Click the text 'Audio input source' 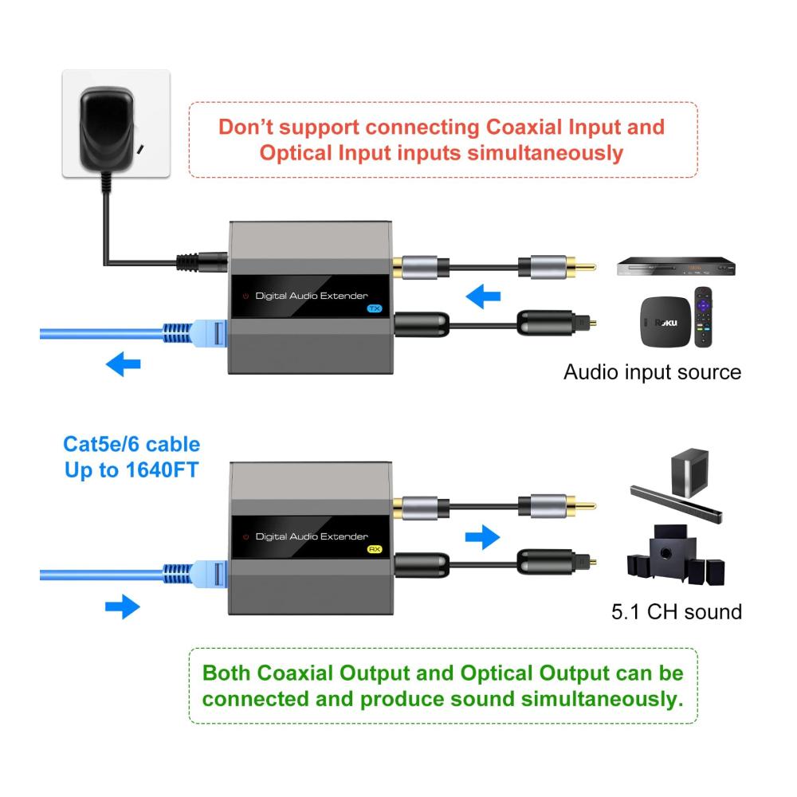pyautogui.click(x=652, y=371)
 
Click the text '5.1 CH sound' pyautogui.click(x=677, y=611)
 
